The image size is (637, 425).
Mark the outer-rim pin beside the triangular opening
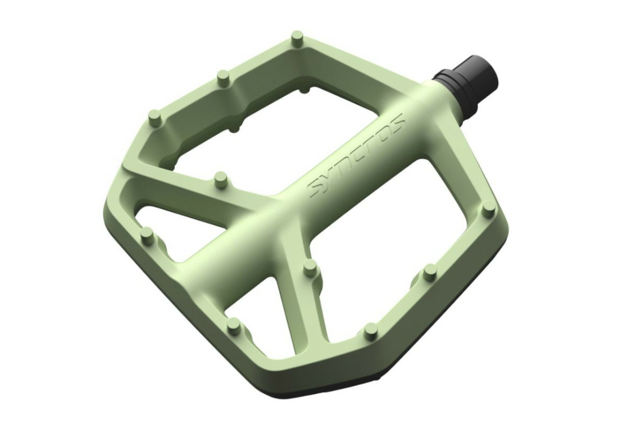pyautogui.click(x=147, y=234)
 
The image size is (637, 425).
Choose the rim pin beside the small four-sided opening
pyautogui.click(x=233, y=324)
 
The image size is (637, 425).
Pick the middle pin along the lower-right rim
pyautogui.click(x=430, y=271)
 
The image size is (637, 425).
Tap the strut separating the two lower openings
pyautogui.click(x=300, y=295)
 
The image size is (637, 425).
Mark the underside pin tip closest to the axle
pyautogui.click(x=305, y=90)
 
